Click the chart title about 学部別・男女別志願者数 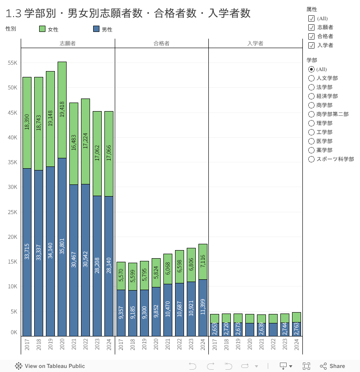128,13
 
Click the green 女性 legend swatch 42,29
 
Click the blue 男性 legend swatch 96,29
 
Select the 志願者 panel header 67,44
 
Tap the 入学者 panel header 255,44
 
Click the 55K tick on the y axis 13,63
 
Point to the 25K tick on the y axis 13,212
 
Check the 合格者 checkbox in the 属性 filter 311,36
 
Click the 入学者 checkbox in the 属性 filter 311,45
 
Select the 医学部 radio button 311,141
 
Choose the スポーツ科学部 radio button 311,159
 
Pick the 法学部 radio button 311,87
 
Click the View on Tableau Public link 50,366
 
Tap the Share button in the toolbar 333,366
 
